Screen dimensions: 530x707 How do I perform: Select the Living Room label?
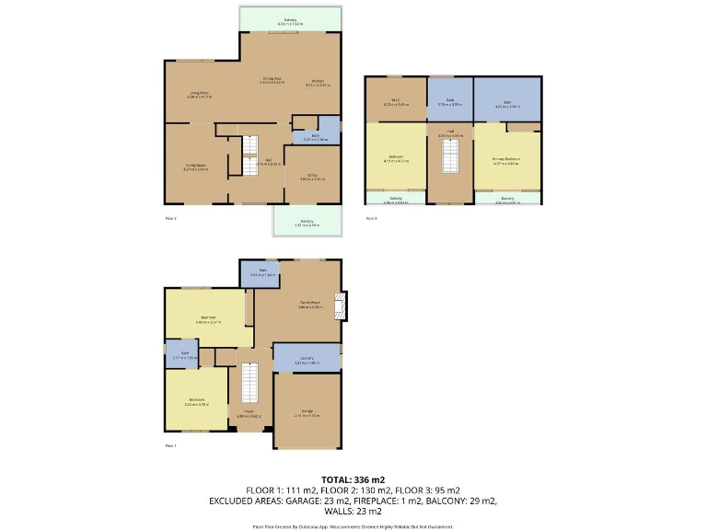click(x=200, y=93)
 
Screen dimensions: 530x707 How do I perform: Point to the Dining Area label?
click(x=272, y=80)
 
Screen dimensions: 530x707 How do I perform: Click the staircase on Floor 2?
click(x=249, y=155)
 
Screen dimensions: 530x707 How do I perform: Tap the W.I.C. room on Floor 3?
click(x=396, y=102)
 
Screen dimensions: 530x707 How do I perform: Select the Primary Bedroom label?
click(x=506, y=160)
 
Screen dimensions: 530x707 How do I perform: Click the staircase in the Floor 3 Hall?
click(x=450, y=158)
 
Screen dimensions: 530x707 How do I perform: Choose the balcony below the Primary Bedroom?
click(x=507, y=198)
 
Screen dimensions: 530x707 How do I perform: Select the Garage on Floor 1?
click(x=307, y=412)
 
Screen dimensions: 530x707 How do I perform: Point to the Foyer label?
click(x=249, y=414)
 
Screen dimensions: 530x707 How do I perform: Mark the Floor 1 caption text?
click(x=170, y=445)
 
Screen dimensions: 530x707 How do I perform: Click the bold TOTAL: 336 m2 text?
click(x=353, y=479)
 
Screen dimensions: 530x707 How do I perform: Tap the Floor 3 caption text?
click(x=372, y=218)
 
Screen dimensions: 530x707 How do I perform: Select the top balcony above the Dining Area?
click(x=290, y=20)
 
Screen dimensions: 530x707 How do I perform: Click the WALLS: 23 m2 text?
click(x=353, y=511)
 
